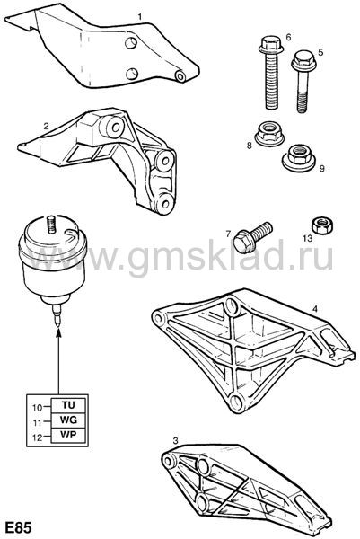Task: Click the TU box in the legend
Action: click(68, 405)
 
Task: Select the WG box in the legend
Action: click(68, 420)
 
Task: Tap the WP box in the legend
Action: click(68, 435)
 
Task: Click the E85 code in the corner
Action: click(17, 527)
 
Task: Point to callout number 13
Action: click(307, 238)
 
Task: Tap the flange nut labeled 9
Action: click(297, 158)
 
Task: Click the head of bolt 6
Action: click(271, 47)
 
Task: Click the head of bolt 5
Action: click(303, 61)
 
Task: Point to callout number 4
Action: click(315, 309)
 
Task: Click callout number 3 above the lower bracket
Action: click(176, 441)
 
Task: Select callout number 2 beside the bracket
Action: click(46, 126)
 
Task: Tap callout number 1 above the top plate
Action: click(140, 16)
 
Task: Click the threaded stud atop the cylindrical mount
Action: click(51, 225)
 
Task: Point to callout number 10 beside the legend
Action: click(37, 408)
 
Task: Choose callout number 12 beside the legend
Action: click(37, 437)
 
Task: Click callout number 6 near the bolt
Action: click(288, 37)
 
